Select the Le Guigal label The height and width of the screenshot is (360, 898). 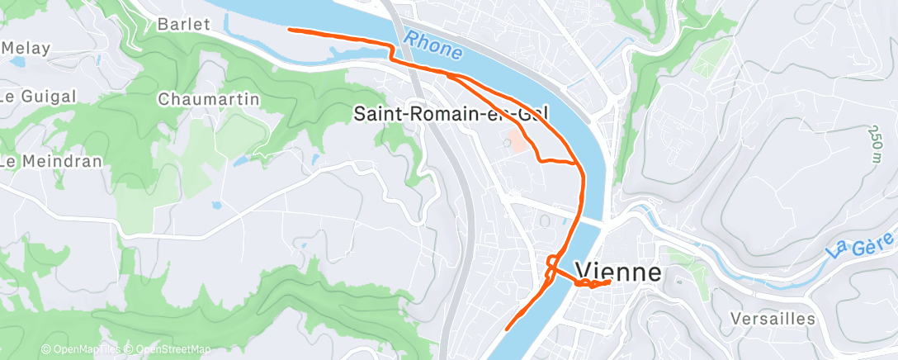pyautogui.click(x=36, y=96)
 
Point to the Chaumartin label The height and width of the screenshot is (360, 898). pyautogui.click(x=208, y=99)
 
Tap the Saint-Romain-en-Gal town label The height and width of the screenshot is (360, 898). pyautogui.click(x=451, y=114)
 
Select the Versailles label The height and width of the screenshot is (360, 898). pyautogui.click(x=773, y=319)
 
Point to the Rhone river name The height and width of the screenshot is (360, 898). pyautogui.click(x=432, y=46)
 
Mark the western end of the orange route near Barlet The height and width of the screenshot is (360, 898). pyautogui.click(x=289, y=30)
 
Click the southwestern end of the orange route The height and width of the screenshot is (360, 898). pyautogui.click(x=506, y=328)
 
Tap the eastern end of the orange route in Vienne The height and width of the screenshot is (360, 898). pyautogui.click(x=609, y=282)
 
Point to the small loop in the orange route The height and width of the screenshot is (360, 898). pyautogui.click(x=551, y=263)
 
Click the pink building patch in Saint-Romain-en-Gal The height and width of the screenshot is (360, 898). pyautogui.click(x=517, y=140)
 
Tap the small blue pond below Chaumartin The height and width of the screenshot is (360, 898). pyautogui.click(x=239, y=162)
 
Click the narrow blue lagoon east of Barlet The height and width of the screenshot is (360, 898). pyautogui.click(x=347, y=52)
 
